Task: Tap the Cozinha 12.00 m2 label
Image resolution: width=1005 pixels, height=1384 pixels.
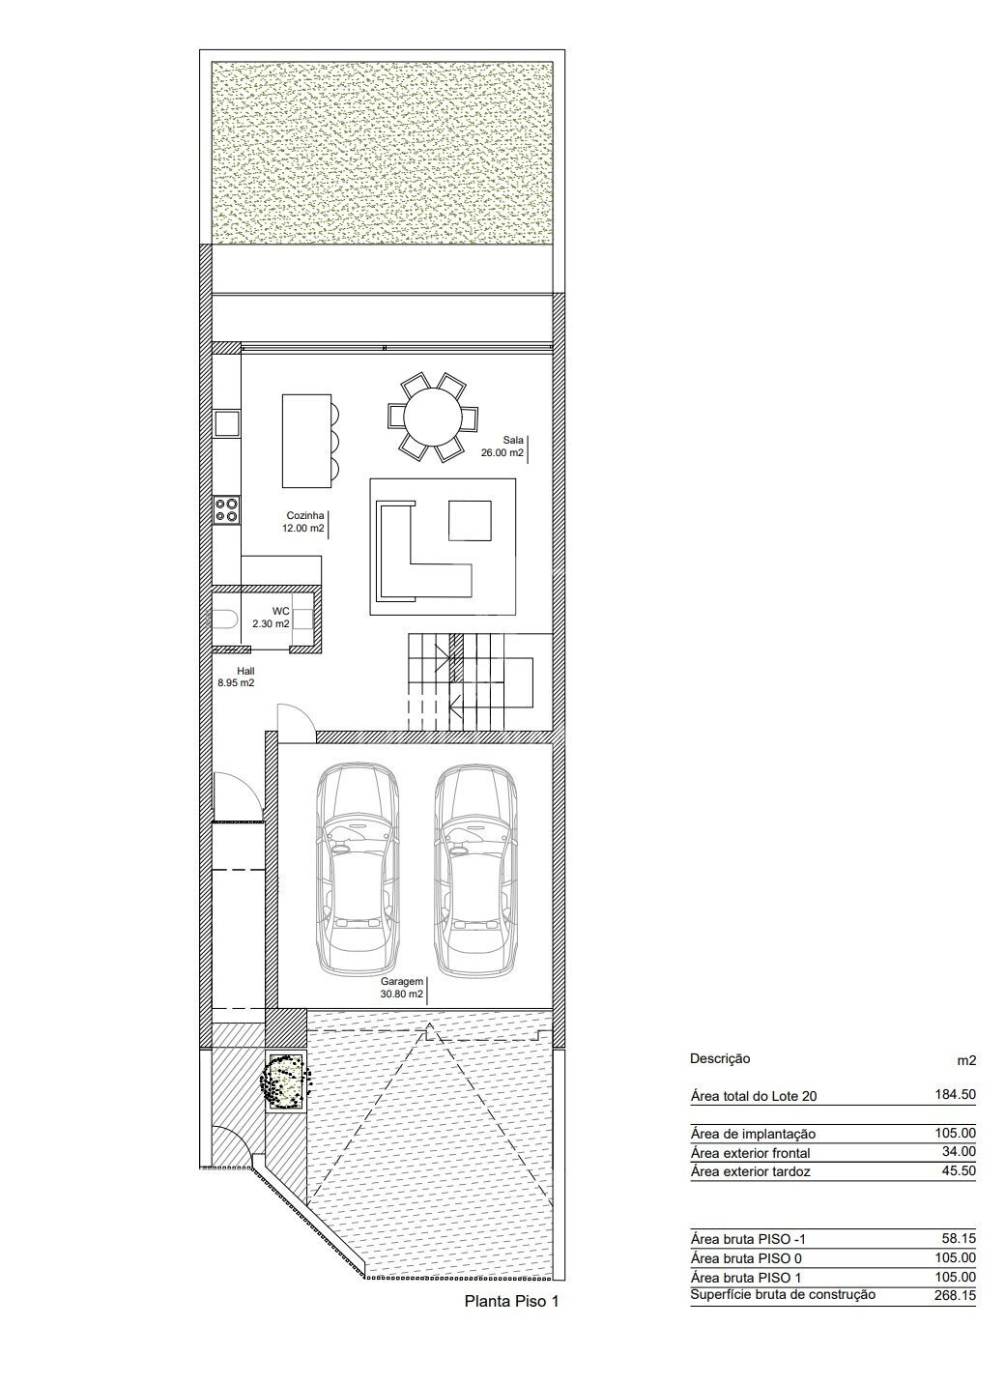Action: (x=303, y=522)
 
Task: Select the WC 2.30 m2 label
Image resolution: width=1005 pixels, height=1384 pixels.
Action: (x=272, y=618)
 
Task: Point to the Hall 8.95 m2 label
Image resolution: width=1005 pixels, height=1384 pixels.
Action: (x=236, y=677)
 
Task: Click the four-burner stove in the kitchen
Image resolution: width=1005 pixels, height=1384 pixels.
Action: (x=227, y=510)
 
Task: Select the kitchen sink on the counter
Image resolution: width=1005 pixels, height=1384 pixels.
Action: (x=227, y=424)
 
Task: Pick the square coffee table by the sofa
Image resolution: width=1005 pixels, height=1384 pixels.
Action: (x=470, y=521)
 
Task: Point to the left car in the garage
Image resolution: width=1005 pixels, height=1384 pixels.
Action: (x=357, y=868)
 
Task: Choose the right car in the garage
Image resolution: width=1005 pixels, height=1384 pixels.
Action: (x=475, y=868)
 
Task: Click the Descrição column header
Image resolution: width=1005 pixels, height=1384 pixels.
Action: (x=720, y=1057)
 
